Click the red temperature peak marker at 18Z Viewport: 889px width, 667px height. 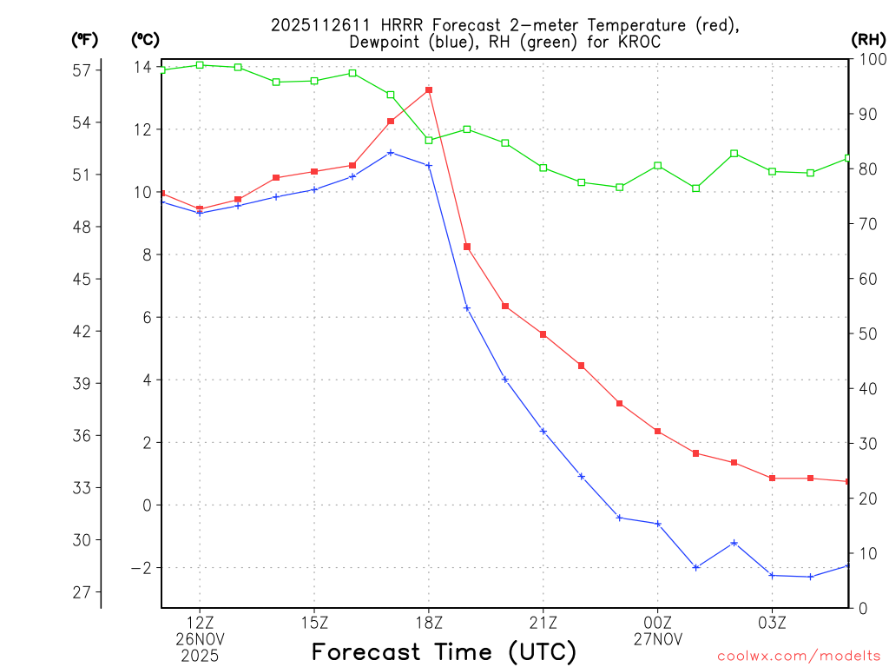429,89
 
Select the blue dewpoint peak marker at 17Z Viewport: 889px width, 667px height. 391,152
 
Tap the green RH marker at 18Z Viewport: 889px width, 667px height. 429,140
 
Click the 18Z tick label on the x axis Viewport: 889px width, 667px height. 429,622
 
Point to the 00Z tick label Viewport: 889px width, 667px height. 657,622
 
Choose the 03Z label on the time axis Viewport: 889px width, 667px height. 772,622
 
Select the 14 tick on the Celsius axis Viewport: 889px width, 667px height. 142,68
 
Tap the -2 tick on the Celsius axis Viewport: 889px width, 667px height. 139,568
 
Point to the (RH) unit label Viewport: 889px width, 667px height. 867,39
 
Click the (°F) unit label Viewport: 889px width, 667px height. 85,39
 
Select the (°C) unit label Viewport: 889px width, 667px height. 145,39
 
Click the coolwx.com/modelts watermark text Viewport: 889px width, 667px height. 799,655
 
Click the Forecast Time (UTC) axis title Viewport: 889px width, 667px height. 444,651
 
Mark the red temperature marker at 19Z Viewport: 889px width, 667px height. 467,247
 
